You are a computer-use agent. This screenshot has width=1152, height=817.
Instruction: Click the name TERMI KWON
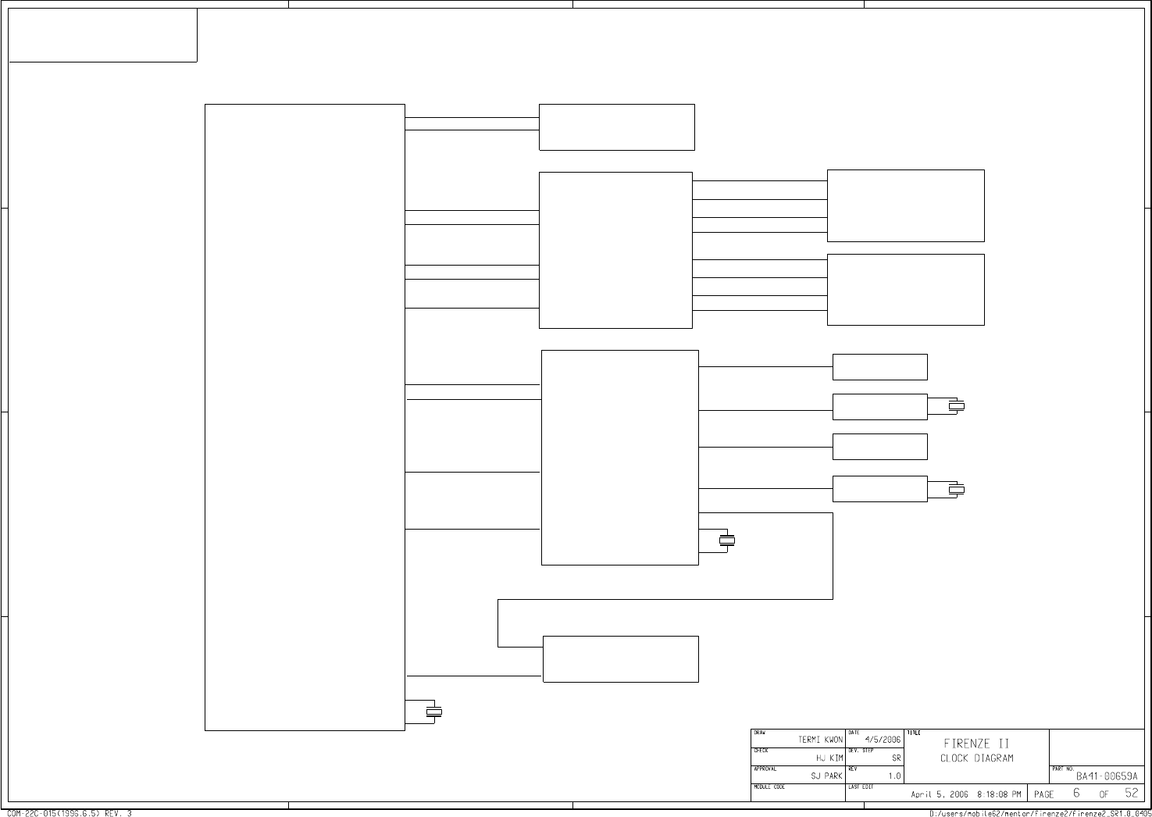pyautogui.click(x=820, y=740)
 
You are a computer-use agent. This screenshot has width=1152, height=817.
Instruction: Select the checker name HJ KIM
pyautogui.click(x=829, y=758)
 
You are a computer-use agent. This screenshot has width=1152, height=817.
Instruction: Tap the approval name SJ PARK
pyautogui.click(x=826, y=776)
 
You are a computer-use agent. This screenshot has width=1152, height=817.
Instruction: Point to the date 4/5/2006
pyautogui.click(x=883, y=740)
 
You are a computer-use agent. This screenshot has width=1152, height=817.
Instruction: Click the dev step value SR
pyautogui.click(x=897, y=758)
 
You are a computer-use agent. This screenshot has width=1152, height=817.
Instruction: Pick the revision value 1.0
pyautogui.click(x=894, y=776)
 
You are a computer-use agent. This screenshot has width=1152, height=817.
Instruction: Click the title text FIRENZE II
pyautogui.click(x=976, y=744)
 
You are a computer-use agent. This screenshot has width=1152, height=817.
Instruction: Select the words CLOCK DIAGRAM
pyautogui.click(x=976, y=758)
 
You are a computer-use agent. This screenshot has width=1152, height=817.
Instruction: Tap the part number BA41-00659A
pyautogui.click(x=1107, y=776)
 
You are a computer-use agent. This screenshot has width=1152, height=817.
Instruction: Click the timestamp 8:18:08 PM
pyautogui.click(x=998, y=794)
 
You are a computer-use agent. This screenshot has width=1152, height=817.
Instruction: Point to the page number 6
pyautogui.click(x=1076, y=794)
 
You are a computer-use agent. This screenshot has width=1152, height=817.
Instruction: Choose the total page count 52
pyautogui.click(x=1132, y=794)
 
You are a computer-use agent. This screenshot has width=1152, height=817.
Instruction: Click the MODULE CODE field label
pyautogui.click(x=769, y=787)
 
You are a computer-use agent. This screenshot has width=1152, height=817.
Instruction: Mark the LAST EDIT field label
pyautogui.click(x=860, y=787)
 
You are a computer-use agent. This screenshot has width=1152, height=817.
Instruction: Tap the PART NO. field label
pyautogui.click(x=1063, y=769)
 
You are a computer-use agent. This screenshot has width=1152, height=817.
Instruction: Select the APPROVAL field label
pyautogui.click(x=765, y=769)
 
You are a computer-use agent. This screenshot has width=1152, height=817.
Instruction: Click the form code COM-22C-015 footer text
pyautogui.click(x=70, y=813)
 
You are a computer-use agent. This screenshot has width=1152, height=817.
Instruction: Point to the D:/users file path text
pyautogui.click(x=1039, y=813)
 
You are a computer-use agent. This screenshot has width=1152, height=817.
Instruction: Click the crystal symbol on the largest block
pyautogui.click(x=433, y=711)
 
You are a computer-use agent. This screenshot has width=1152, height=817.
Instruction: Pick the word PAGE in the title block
pyautogui.click(x=1044, y=794)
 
